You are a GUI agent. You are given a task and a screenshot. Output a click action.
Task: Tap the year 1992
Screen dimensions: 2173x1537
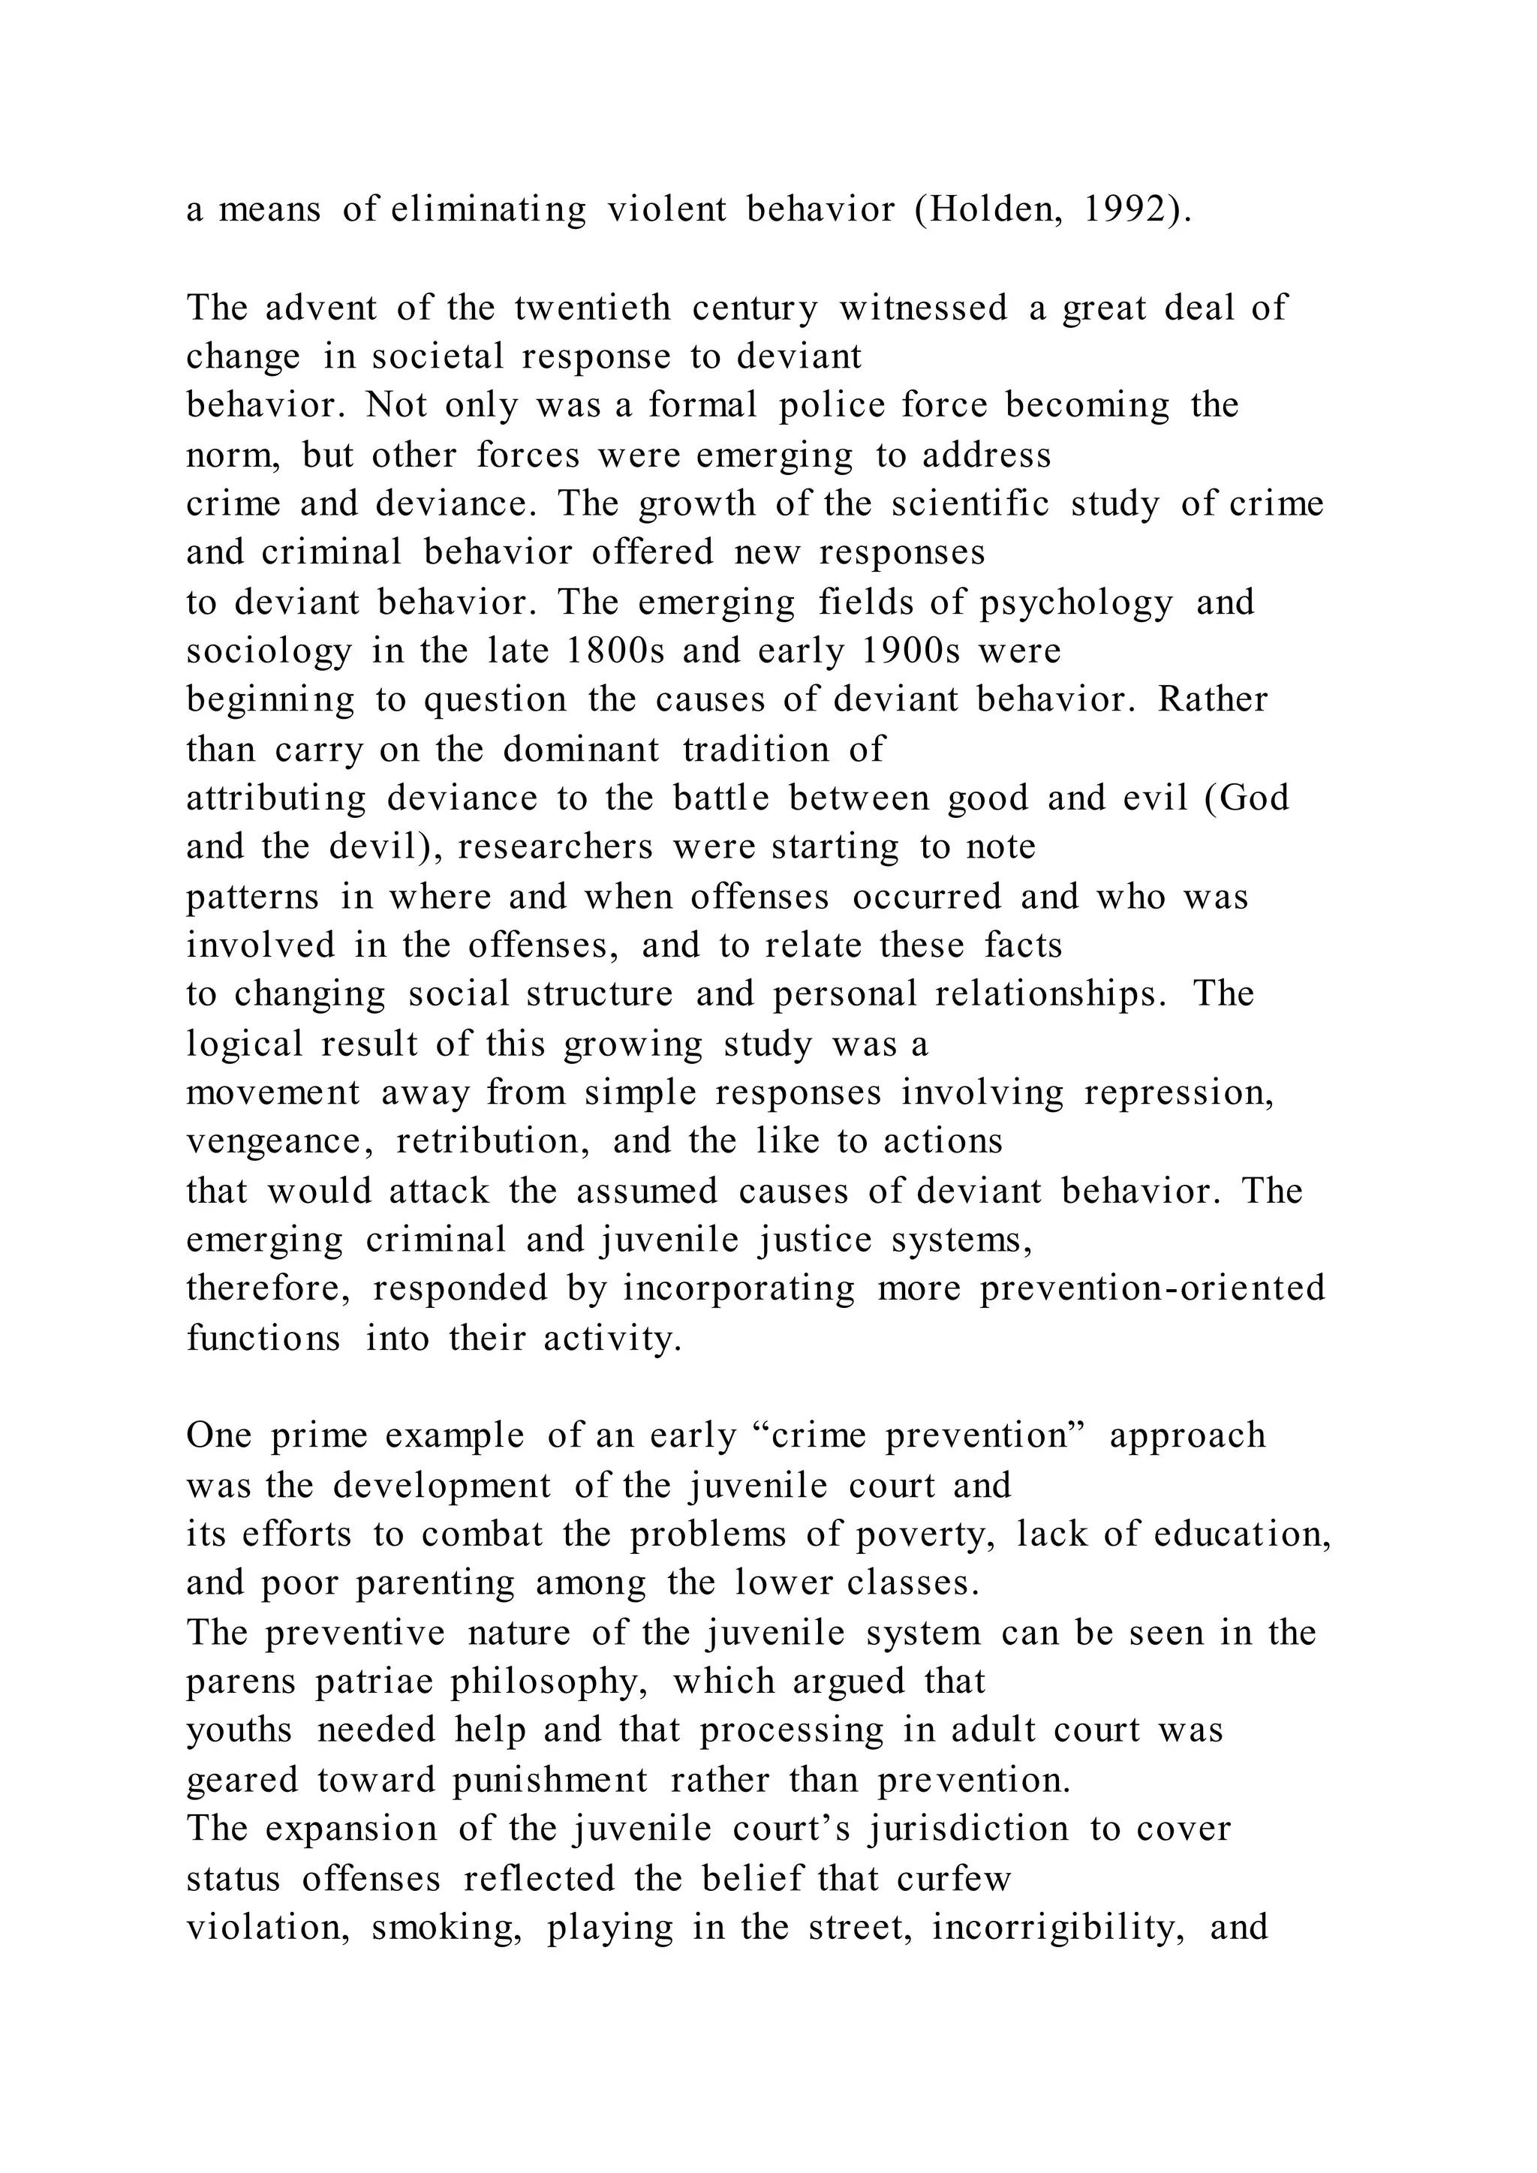click(x=1124, y=209)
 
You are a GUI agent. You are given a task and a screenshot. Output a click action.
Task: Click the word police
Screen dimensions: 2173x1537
click(x=829, y=405)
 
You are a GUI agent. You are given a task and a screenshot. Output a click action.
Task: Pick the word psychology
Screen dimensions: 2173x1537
click(x=1076, y=602)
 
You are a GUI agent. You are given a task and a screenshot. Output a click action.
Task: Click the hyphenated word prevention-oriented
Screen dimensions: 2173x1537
click(x=1152, y=1288)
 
